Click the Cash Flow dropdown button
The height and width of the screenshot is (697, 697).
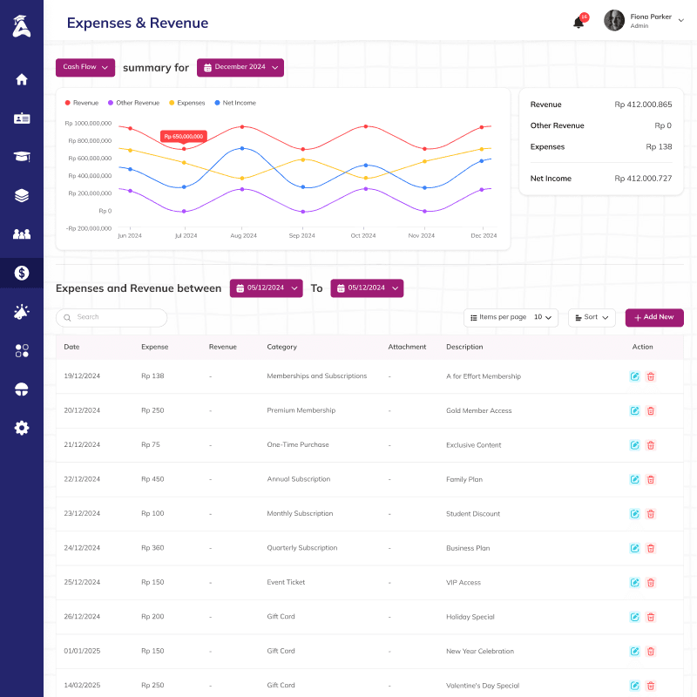[85, 68]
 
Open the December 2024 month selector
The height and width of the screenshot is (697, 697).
[240, 68]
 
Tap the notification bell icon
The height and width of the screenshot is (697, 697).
[579, 22]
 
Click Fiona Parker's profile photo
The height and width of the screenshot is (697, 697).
[614, 20]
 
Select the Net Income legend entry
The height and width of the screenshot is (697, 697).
[235, 103]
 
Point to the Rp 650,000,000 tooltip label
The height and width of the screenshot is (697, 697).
[184, 137]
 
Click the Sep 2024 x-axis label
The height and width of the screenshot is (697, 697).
[301, 235]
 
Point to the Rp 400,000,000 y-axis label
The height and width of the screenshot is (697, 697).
[90, 176]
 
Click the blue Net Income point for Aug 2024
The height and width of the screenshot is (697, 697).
[242, 148]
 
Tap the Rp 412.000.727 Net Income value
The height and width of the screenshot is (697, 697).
[643, 179]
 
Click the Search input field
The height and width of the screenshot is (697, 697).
[112, 317]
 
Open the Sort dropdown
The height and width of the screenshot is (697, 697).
[592, 317]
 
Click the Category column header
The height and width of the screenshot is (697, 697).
[281, 347]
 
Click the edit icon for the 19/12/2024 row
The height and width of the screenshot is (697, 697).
[635, 376]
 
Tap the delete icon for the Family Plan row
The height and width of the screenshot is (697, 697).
[651, 480]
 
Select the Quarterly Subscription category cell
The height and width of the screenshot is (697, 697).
[302, 548]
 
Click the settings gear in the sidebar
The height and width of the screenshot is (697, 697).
[21, 428]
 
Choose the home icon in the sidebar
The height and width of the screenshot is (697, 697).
[21, 79]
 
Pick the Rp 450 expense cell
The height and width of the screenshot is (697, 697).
[152, 479]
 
